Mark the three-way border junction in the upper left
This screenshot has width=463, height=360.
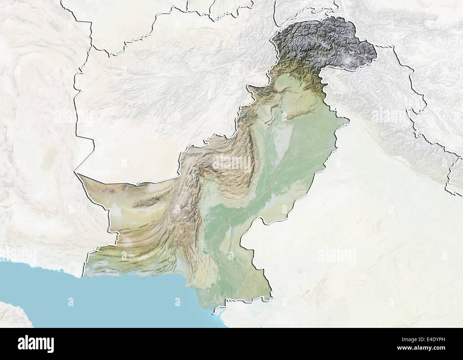click(x=92, y=46)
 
